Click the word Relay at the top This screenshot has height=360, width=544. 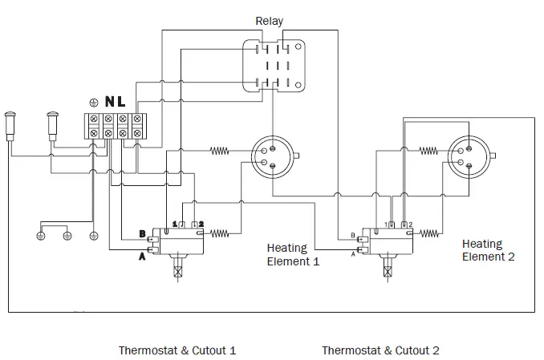point(269,21)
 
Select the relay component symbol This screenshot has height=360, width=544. point(275,63)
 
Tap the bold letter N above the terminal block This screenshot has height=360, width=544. point(109,103)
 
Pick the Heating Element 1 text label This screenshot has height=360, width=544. point(294,255)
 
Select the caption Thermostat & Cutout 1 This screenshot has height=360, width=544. point(177,350)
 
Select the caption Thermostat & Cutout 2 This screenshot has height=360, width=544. point(380,350)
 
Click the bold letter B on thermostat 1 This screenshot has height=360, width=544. point(142,234)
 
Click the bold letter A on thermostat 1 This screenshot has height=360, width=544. point(142,256)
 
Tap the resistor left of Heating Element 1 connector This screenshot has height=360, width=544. point(221,150)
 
